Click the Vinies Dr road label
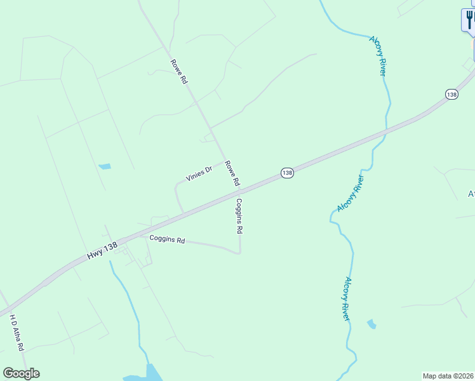pos(198,173)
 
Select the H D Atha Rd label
pos(17,333)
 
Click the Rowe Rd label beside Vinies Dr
pos(232,172)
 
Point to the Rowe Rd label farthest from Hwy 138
pos(179,72)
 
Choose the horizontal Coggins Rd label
pos(166,241)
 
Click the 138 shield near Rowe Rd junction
pos(287,173)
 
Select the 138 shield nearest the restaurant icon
pos(451,94)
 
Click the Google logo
pos(21,373)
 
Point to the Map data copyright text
pos(448,376)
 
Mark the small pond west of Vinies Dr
pos(104,167)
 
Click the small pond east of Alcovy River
pos(371,324)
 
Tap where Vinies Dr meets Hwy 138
pos(184,213)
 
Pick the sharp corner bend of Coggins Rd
pos(239,253)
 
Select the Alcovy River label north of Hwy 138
pos(378,56)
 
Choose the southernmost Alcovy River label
pos(347,298)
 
